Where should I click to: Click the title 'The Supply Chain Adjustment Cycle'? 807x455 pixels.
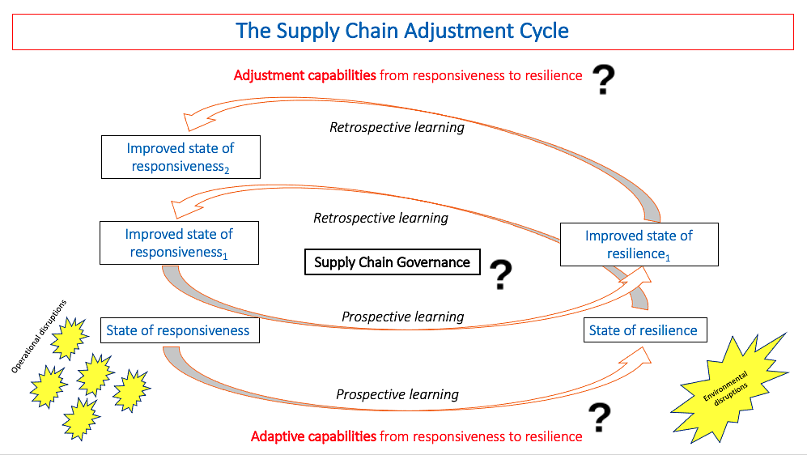click(x=402, y=31)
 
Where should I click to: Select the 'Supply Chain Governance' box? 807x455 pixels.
click(x=393, y=262)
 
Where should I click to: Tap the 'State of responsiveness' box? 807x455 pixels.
click(x=181, y=330)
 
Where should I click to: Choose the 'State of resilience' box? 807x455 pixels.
click(x=645, y=330)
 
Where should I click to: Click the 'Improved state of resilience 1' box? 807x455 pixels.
click(x=639, y=245)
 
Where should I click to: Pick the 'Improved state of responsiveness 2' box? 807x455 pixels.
click(x=181, y=157)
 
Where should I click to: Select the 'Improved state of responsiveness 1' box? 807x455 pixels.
click(x=179, y=243)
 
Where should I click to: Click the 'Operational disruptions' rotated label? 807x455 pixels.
click(x=39, y=336)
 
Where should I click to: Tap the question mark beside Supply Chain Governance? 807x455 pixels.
click(x=501, y=274)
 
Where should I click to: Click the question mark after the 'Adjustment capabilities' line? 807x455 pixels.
click(x=604, y=80)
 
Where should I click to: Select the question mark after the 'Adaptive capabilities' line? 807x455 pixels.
click(x=600, y=418)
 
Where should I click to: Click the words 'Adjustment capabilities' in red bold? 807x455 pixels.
click(x=304, y=75)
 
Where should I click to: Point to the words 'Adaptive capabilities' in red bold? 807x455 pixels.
click(x=313, y=436)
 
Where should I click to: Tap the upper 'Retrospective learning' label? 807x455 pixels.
click(x=397, y=127)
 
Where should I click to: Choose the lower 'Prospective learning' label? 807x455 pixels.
click(x=397, y=394)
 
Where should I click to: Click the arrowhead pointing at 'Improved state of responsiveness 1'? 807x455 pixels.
click(x=185, y=208)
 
